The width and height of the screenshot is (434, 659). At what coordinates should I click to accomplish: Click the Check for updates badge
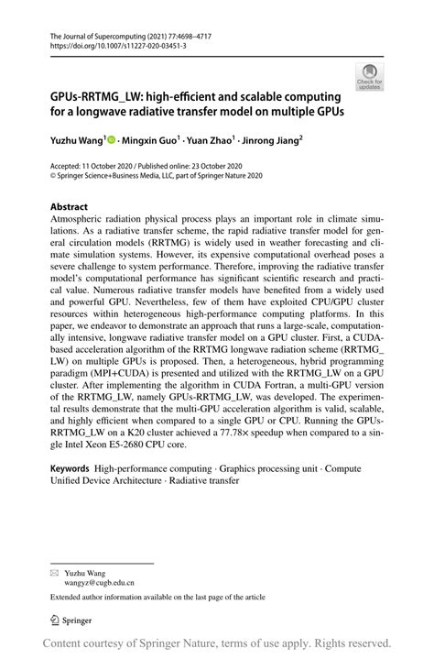pos(370,76)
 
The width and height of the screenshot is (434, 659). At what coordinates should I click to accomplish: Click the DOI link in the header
pos(108,44)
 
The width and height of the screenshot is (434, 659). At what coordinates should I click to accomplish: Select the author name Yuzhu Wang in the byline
pos(76,141)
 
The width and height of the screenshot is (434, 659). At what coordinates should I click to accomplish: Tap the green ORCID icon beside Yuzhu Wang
pos(112,141)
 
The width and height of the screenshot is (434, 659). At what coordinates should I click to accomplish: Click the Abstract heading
pos(69,207)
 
